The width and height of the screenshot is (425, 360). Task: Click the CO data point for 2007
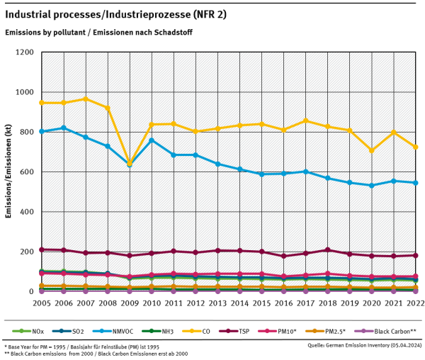86,99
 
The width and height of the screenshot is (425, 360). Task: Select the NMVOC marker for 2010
152,140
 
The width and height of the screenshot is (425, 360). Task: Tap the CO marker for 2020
372,150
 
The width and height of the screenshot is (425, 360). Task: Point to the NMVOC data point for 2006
64,128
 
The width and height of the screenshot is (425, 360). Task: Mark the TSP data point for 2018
328,249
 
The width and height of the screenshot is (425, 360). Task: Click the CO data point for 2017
306,120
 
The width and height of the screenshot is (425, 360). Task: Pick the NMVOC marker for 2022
415,183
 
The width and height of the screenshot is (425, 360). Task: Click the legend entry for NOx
28,331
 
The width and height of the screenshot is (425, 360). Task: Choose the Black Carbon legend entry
387,331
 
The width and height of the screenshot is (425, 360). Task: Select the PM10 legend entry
277,331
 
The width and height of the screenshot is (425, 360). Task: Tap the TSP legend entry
234,331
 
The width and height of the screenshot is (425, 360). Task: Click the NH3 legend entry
157,331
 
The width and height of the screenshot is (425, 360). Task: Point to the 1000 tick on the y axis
24,92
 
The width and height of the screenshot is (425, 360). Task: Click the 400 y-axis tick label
27,212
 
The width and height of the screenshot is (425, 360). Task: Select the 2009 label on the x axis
130,303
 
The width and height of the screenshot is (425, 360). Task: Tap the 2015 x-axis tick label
261,303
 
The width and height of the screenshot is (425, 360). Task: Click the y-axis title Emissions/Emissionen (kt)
8,171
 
